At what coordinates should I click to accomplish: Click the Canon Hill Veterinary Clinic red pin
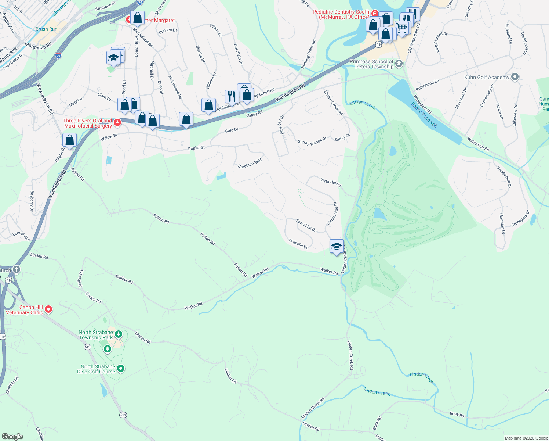pyautogui.click(x=48, y=310)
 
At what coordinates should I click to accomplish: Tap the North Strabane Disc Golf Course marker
pyautogui.click(x=121, y=368)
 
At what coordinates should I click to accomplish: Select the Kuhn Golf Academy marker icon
pyautogui.click(x=515, y=77)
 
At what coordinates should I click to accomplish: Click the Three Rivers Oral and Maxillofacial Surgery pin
pyautogui.click(x=117, y=123)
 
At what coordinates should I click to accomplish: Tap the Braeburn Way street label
pyautogui.click(x=250, y=163)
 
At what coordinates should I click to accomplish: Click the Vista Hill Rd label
pyautogui.click(x=331, y=183)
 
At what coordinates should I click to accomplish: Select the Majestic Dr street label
pyautogui.click(x=298, y=244)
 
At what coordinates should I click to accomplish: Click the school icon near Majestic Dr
pyautogui.click(x=337, y=247)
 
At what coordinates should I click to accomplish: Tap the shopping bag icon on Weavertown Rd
pyautogui.click(x=69, y=140)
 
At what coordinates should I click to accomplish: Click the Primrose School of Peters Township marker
pyautogui.click(x=399, y=64)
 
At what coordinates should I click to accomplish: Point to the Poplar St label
pyautogui.click(x=196, y=148)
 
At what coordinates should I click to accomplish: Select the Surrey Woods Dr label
pyautogui.click(x=312, y=141)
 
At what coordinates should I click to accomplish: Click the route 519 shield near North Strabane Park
pyautogui.click(x=87, y=347)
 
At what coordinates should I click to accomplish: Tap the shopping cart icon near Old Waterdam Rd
pyautogui.click(x=402, y=28)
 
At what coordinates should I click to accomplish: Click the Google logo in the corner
pyautogui.click(x=12, y=436)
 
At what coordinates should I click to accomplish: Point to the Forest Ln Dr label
pyautogui.click(x=306, y=225)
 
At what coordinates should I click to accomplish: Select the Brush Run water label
pyautogui.click(x=47, y=29)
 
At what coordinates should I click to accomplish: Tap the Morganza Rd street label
pyautogui.click(x=38, y=46)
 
